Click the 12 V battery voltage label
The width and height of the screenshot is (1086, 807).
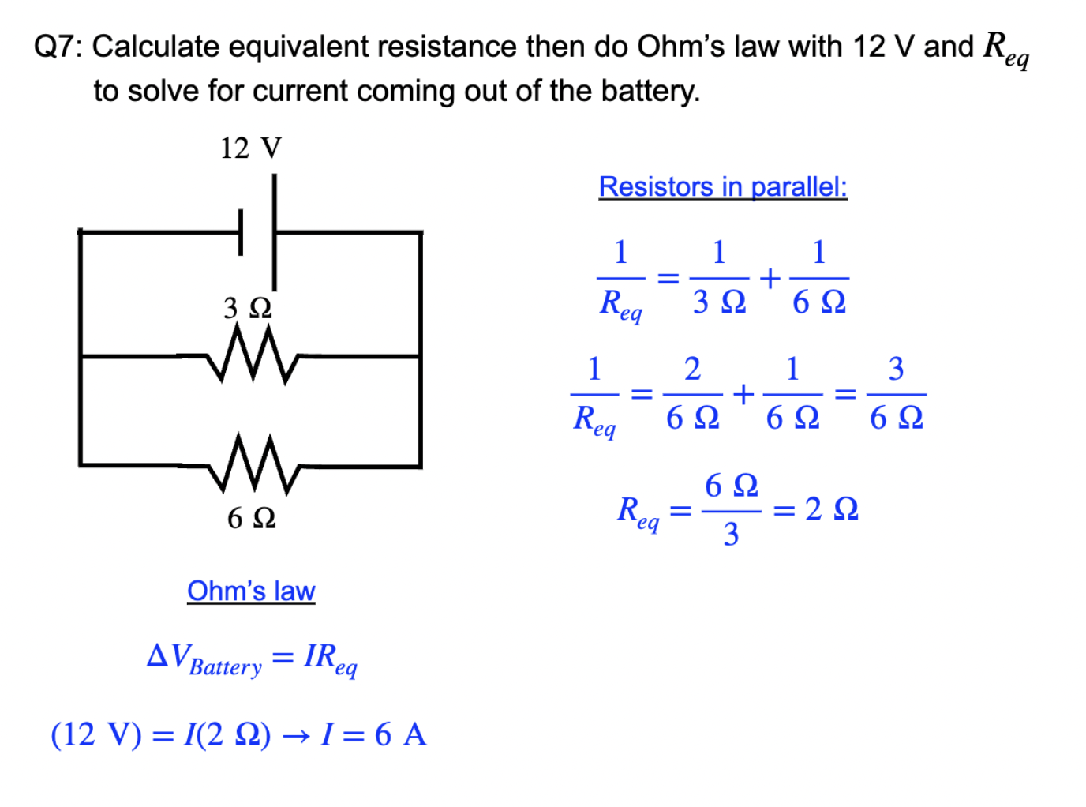click(x=250, y=148)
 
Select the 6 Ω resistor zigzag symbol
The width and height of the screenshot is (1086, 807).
click(x=253, y=464)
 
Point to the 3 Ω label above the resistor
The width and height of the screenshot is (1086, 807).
click(x=247, y=308)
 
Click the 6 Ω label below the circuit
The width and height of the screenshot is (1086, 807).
click(x=251, y=518)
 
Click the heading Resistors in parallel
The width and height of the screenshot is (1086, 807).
click(x=722, y=187)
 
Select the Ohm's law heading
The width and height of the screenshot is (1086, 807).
click(x=251, y=591)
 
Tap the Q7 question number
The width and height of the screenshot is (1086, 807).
click(x=57, y=47)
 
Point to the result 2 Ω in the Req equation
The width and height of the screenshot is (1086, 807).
click(x=831, y=509)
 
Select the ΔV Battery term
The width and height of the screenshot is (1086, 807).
click(x=204, y=659)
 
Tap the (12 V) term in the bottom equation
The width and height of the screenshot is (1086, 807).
click(x=96, y=734)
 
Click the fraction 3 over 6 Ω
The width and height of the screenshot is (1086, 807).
click(x=896, y=393)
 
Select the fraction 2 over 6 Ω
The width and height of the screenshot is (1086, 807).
click(x=692, y=393)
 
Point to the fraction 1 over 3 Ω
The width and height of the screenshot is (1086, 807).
click(x=719, y=278)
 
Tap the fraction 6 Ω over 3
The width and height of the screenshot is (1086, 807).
click(x=731, y=510)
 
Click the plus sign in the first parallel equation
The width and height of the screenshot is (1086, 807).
click(x=770, y=278)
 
